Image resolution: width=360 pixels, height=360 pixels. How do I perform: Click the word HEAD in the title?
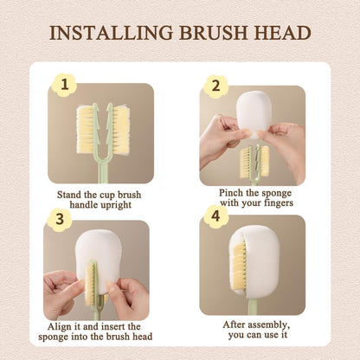281,33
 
